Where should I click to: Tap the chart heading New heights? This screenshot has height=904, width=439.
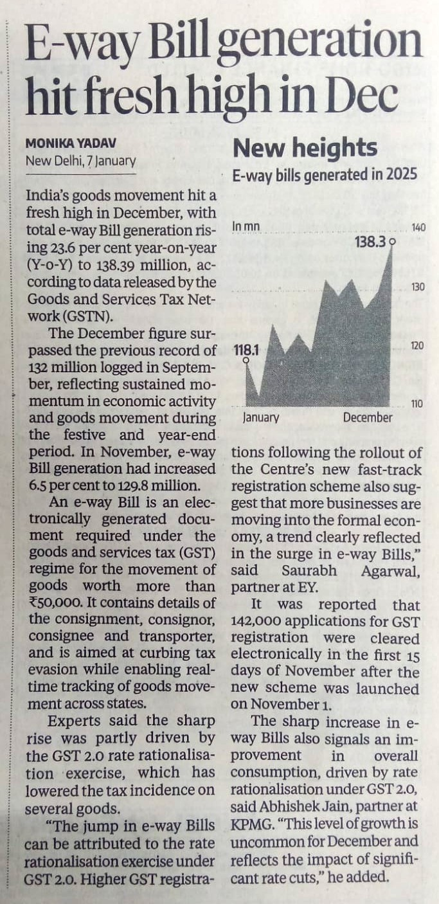[x=305, y=149]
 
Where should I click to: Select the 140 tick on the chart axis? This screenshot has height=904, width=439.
[x=418, y=228]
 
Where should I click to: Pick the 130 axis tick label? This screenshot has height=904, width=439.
[x=418, y=286]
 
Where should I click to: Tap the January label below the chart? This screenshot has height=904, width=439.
[x=261, y=418]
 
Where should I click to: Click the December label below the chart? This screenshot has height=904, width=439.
[x=367, y=418]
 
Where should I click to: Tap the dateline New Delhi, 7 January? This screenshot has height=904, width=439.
[x=81, y=160]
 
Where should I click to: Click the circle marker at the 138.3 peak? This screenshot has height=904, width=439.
[x=392, y=242]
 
